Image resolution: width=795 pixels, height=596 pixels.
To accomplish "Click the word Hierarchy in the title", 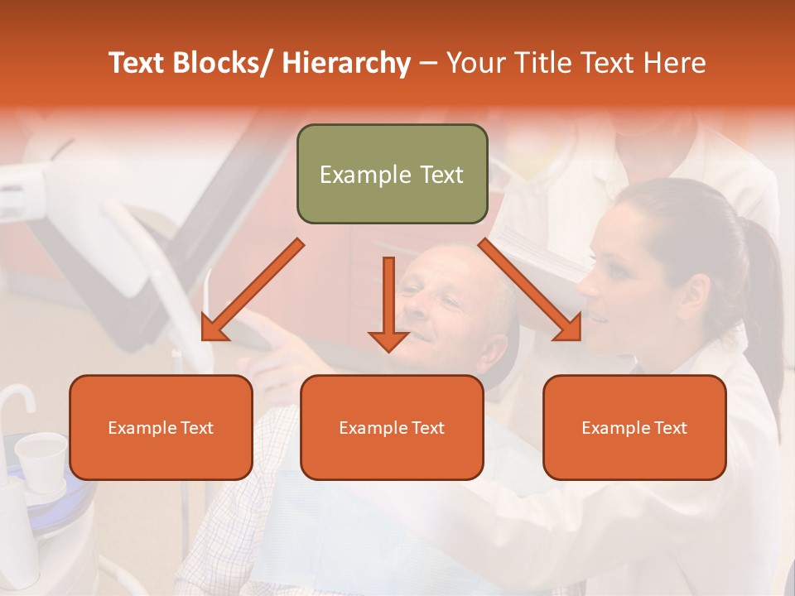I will point(346,63).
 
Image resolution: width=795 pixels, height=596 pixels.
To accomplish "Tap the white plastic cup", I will point(41,454).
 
